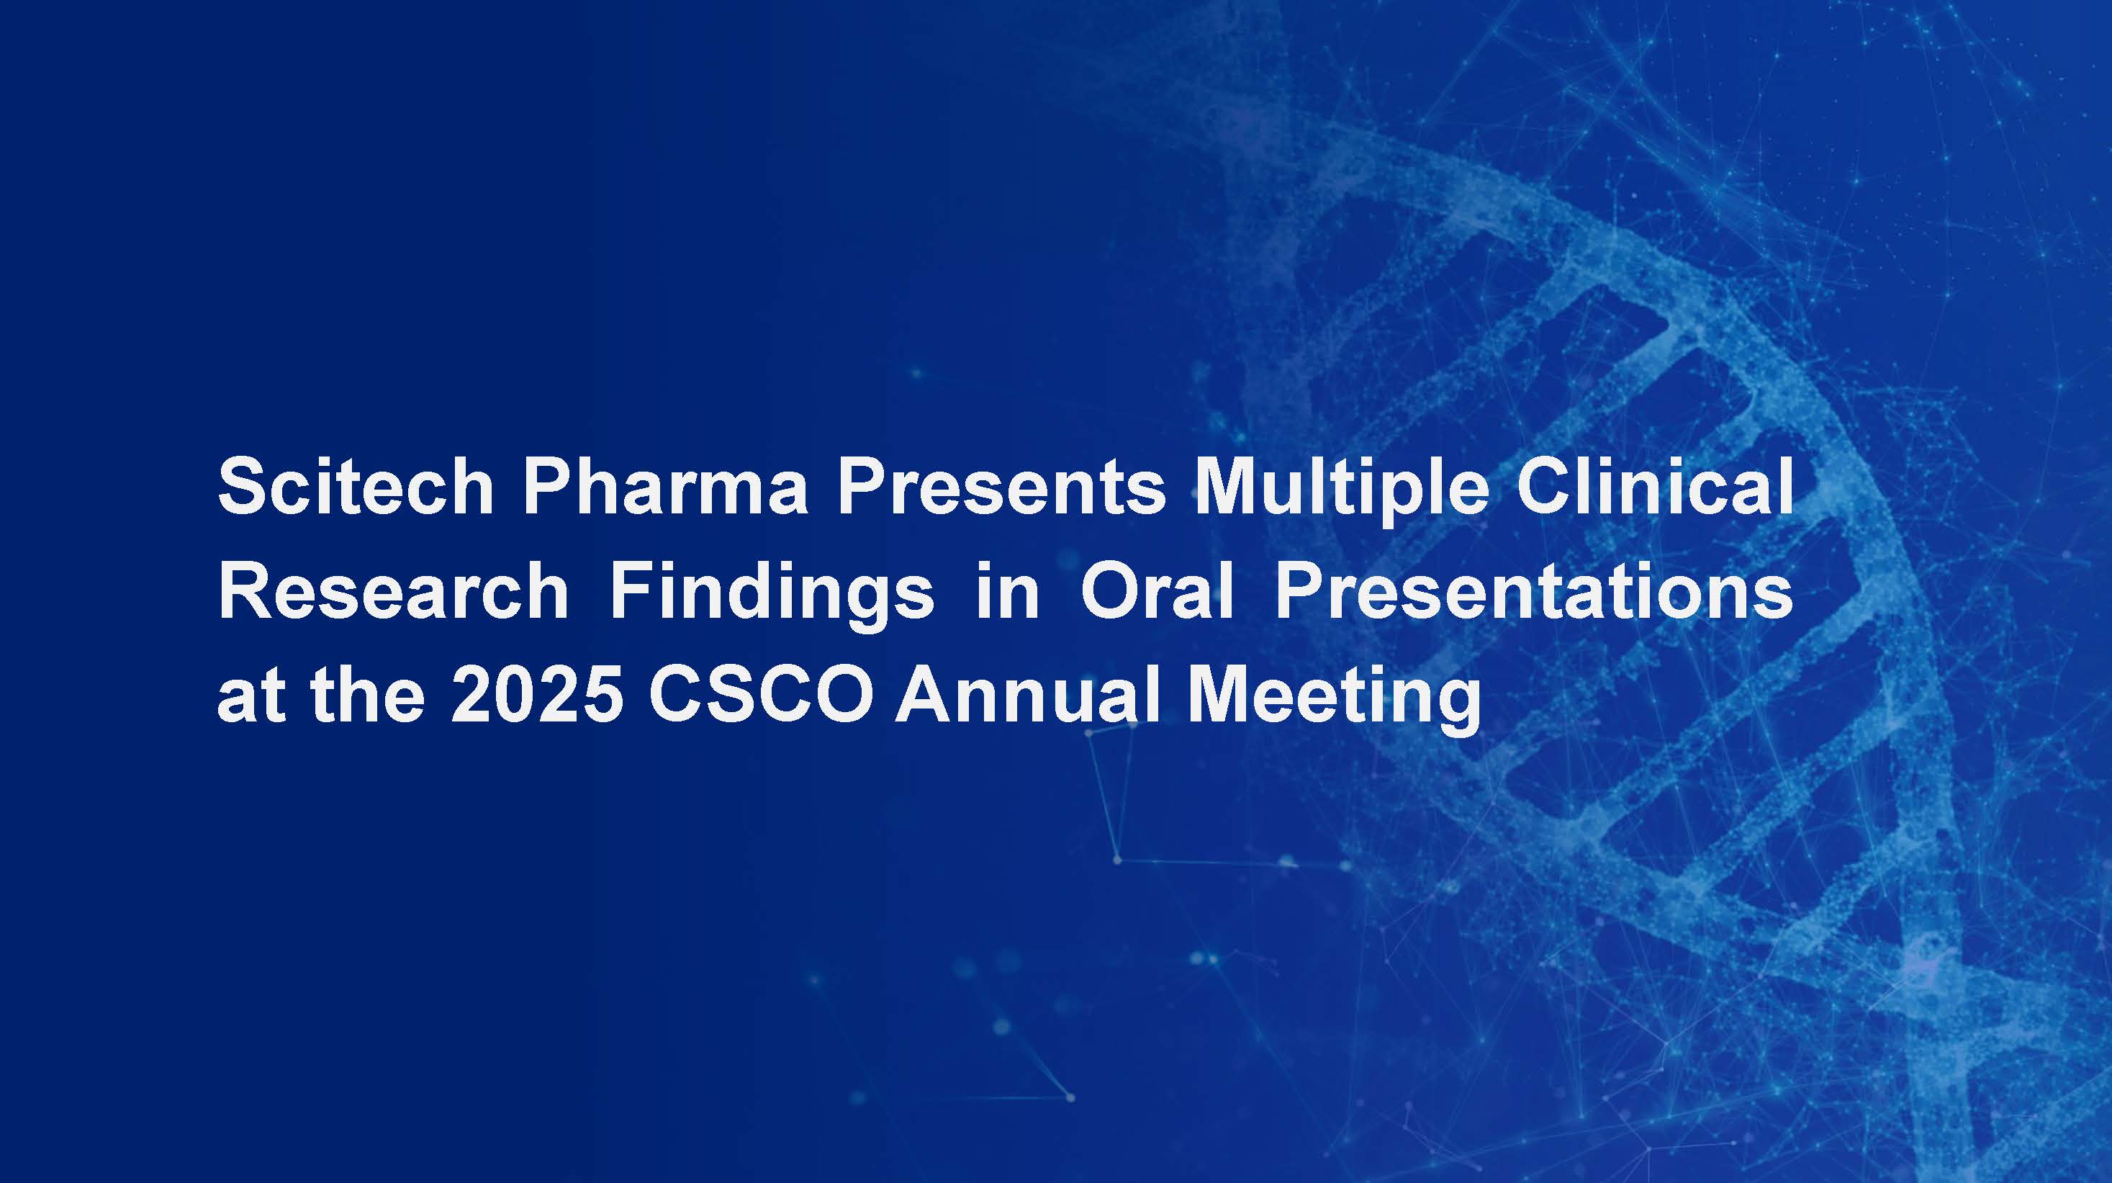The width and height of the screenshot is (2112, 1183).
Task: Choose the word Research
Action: pos(393,591)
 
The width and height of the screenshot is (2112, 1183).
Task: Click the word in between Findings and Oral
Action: pos(1007,591)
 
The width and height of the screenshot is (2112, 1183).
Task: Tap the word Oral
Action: pos(1156,591)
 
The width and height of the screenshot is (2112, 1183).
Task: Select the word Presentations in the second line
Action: pos(1534,591)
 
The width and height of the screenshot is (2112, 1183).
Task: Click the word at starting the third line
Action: pos(251,696)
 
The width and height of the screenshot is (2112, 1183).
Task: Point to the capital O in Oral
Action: pos(1110,591)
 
